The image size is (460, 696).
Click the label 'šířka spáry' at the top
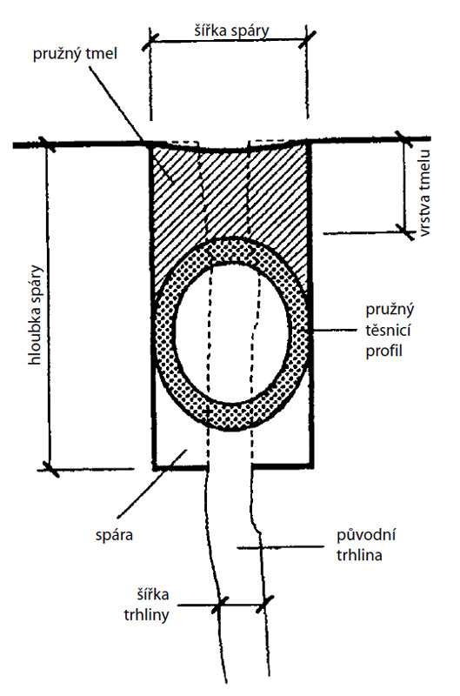[231, 30]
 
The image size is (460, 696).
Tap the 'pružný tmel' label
[75, 54]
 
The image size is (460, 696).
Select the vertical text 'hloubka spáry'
[35, 315]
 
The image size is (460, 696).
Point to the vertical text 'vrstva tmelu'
[424, 193]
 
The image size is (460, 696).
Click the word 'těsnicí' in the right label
[388, 331]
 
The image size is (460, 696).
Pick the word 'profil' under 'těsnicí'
[383, 351]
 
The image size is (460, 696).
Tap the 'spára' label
[115, 535]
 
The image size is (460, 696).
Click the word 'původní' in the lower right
[366, 534]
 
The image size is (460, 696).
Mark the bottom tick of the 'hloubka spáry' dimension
[50, 468]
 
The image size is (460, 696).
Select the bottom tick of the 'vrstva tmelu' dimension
[404, 231]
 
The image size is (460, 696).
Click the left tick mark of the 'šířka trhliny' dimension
[220, 605]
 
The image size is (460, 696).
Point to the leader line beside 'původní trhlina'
[281, 547]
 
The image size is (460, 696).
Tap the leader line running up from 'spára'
[151, 484]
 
